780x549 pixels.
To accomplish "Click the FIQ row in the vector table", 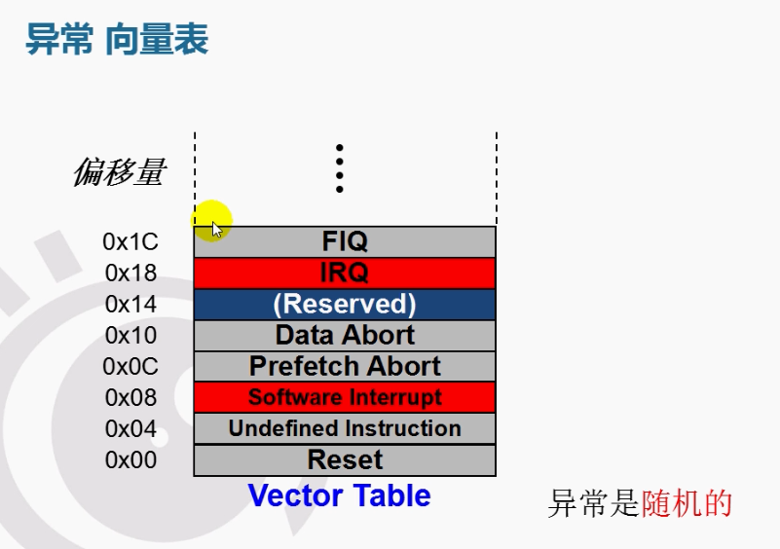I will pyautogui.click(x=345, y=241).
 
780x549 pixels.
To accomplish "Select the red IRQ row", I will pyautogui.click(x=345, y=273).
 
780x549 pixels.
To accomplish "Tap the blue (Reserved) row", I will pyautogui.click(x=345, y=304).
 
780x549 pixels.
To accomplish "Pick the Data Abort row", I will pyautogui.click(x=345, y=335).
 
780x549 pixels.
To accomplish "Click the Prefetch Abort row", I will pyautogui.click(x=345, y=366).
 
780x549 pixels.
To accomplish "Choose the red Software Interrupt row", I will pyautogui.click(x=345, y=397).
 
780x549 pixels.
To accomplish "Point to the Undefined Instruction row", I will pyautogui.click(x=345, y=428).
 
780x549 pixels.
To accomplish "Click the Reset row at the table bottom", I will pyautogui.click(x=345, y=459).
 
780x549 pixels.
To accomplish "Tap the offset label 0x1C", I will pyautogui.click(x=130, y=241).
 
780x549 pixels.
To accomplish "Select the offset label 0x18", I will pyautogui.click(x=130, y=273).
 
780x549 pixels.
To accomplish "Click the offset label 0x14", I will pyautogui.click(x=130, y=304).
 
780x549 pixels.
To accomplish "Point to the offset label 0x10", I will pyautogui.click(x=130, y=335).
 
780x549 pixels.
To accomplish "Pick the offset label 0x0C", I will pyautogui.click(x=130, y=367).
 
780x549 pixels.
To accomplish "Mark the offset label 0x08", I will pyautogui.click(x=130, y=397).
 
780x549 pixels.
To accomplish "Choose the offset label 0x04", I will pyautogui.click(x=130, y=428).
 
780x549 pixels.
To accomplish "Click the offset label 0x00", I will pyautogui.click(x=130, y=459).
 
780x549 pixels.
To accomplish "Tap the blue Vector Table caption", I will pyautogui.click(x=339, y=495).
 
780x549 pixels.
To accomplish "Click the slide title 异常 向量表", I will pyautogui.click(x=117, y=41).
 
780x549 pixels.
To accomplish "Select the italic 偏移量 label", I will pyautogui.click(x=119, y=173).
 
